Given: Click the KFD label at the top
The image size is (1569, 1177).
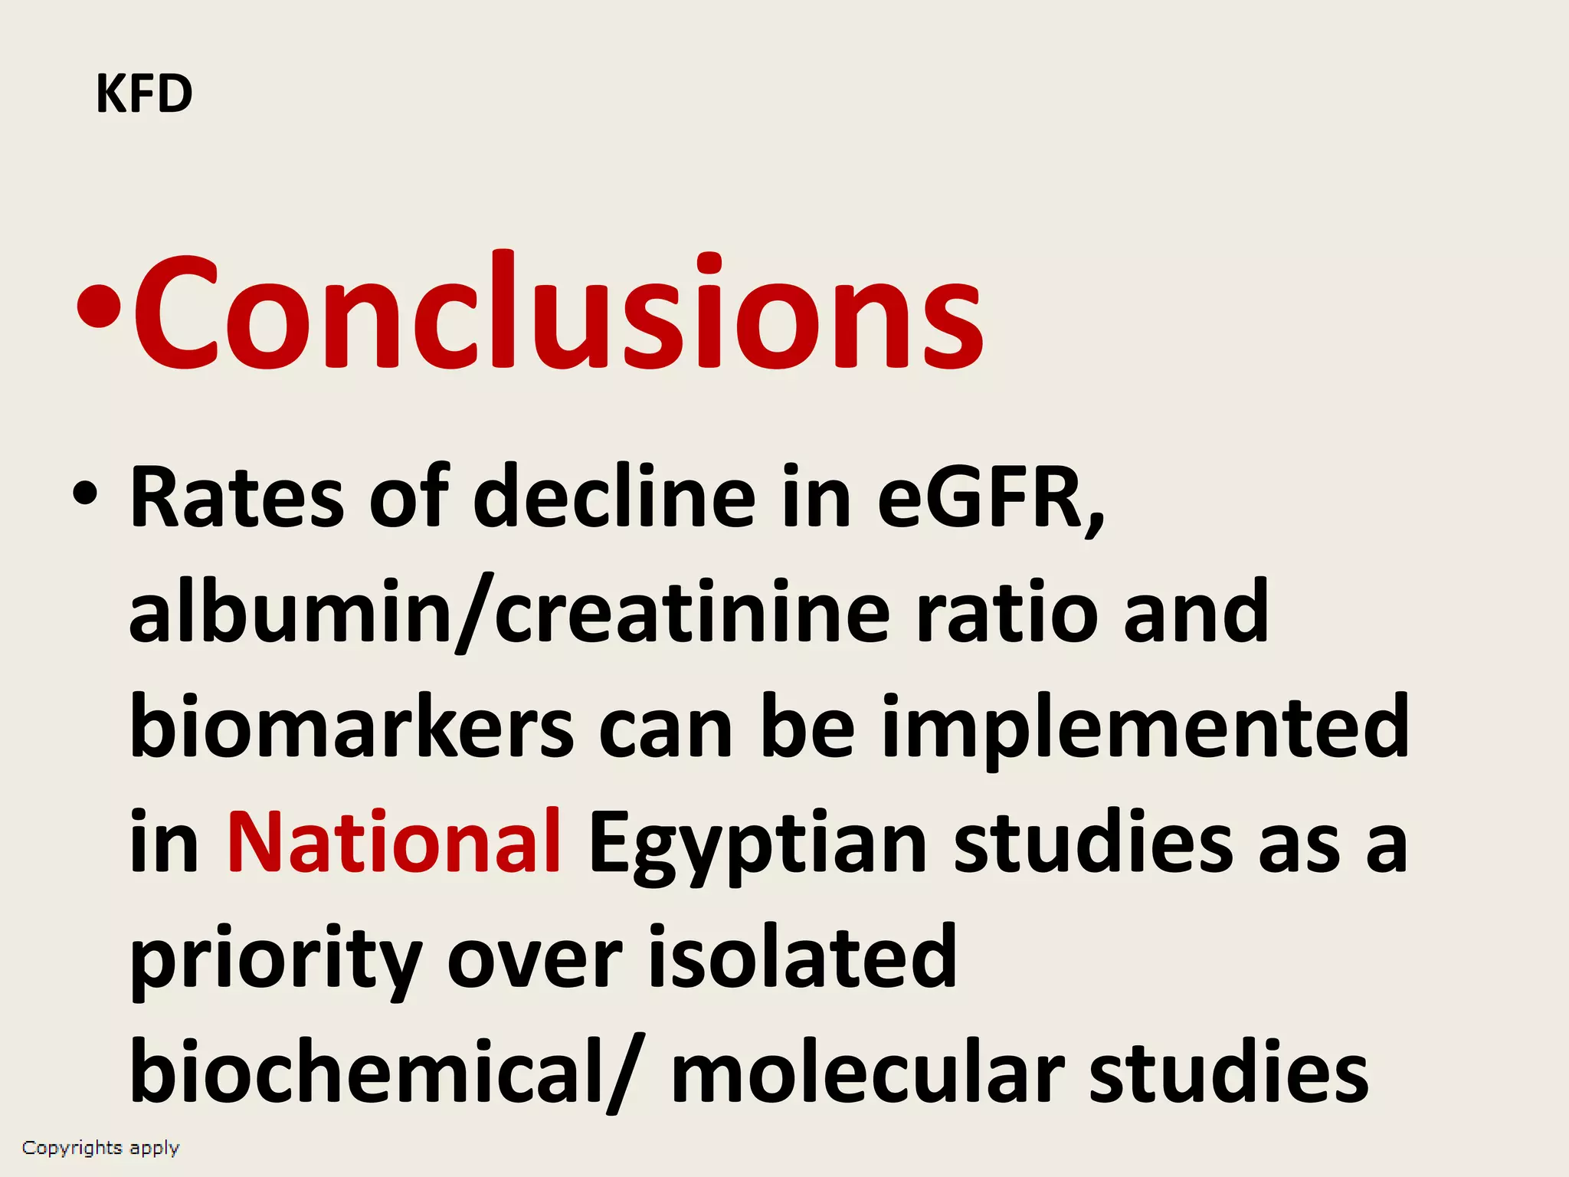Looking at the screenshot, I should click(144, 94).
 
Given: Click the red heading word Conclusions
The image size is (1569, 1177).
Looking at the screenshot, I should click(558, 313).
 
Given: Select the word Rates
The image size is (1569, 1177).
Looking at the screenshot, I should click(237, 498).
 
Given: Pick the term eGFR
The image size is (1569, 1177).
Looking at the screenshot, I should click(989, 498).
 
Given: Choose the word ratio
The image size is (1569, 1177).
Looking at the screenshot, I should click(1007, 613).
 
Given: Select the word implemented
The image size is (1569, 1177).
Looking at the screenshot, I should click(1145, 728).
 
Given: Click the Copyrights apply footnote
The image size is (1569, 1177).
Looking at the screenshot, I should click(100, 1148).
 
